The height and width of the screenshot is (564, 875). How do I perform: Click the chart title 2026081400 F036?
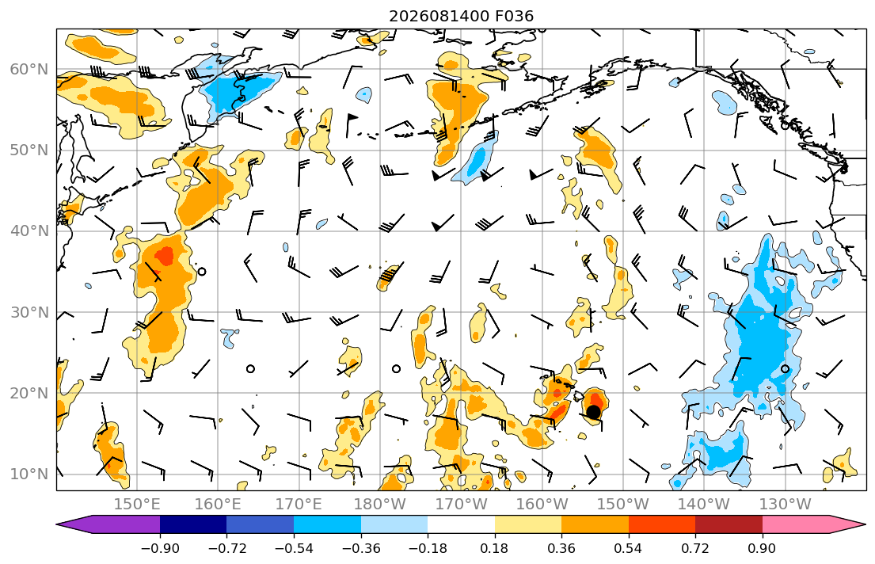pos(461,16)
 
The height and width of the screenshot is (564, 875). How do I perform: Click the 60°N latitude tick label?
pos(29,69)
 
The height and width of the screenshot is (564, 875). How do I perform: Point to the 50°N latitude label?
pos(29,151)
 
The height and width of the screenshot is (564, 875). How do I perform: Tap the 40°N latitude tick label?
pos(29,231)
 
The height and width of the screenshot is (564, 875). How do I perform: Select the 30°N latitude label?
pos(29,312)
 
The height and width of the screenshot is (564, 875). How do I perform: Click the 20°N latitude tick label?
pos(29,393)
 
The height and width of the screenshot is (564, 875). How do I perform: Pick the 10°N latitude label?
pos(29,474)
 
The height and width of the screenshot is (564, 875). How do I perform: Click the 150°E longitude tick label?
pos(137,505)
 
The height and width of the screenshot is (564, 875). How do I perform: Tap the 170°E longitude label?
pos(299,505)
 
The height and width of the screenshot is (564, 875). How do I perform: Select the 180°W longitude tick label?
pos(380,505)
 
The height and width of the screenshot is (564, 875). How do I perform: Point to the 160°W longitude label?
pos(542,505)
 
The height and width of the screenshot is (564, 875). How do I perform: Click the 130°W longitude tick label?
pos(786,505)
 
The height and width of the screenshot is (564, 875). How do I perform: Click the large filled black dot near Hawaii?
pos(593,412)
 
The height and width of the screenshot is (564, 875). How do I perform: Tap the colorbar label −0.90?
pos(160,548)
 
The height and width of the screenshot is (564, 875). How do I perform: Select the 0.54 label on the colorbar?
pos(629,548)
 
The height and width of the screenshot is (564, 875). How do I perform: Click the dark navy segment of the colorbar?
pos(193,524)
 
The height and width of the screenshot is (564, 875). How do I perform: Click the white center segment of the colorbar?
pos(461,524)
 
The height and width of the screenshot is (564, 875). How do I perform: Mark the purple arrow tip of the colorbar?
pos(58,524)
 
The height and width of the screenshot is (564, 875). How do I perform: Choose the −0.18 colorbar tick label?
pos(428,548)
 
